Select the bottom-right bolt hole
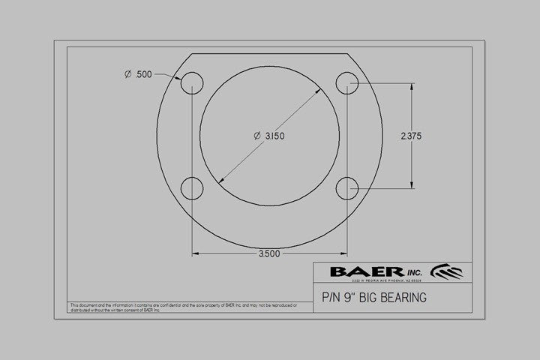[346, 186]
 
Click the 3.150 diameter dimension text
[274, 136]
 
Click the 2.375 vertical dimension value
[411, 136]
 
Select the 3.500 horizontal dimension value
[268, 253]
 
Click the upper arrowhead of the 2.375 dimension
[411, 85]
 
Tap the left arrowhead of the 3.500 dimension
[196, 253]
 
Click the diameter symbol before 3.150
[257, 136]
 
